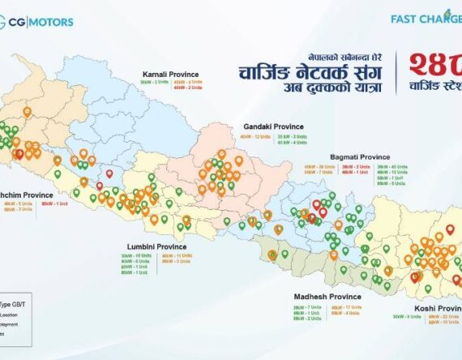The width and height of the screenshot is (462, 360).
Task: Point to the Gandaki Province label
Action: (x=273, y=126)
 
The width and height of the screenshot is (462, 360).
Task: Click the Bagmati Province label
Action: (x=360, y=156)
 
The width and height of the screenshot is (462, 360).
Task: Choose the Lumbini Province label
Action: (x=156, y=246)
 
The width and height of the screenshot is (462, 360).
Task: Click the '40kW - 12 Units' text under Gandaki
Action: (x=256, y=137)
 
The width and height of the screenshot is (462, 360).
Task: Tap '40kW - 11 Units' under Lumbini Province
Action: (x=177, y=256)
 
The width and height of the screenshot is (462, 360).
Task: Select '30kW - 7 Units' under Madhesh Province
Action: (x=306, y=307)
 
